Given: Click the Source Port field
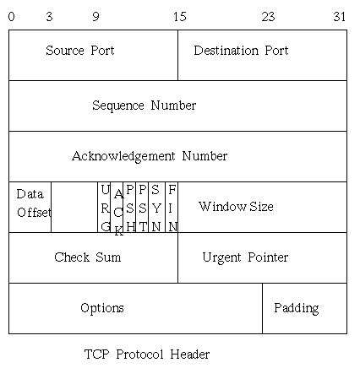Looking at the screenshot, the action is [93, 55].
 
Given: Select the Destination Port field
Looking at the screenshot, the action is [263, 55].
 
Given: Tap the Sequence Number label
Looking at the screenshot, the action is [145, 106].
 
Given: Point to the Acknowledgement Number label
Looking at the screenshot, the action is [150, 156].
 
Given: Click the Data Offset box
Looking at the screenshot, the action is [30, 207].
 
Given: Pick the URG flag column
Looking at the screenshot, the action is [104, 207].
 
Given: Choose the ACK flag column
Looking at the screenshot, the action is [117, 207].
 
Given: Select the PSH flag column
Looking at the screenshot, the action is [129, 207].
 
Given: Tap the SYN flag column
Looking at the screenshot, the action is [156, 207].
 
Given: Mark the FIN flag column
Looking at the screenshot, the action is [172, 207].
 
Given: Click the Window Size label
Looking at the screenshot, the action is [236, 207].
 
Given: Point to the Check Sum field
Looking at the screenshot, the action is [93, 257].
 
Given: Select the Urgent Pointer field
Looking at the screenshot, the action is [263, 257].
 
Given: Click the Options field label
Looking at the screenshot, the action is [102, 308].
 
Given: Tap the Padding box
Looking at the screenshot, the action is [304, 308].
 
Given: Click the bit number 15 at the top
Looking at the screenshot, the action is [180, 17].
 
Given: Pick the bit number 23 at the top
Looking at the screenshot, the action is [268, 17].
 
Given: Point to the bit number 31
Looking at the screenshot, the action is [340, 17].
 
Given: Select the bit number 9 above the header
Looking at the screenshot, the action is [96, 17].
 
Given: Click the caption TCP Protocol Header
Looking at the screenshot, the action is [147, 354].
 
